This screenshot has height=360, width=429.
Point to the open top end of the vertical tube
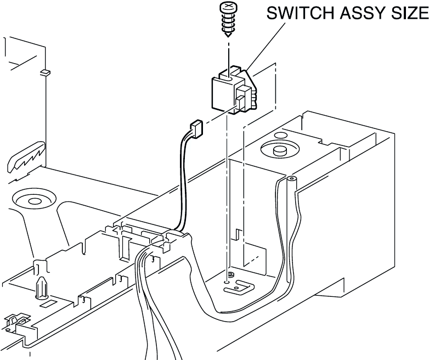290,179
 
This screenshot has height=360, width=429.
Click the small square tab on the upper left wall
45,71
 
